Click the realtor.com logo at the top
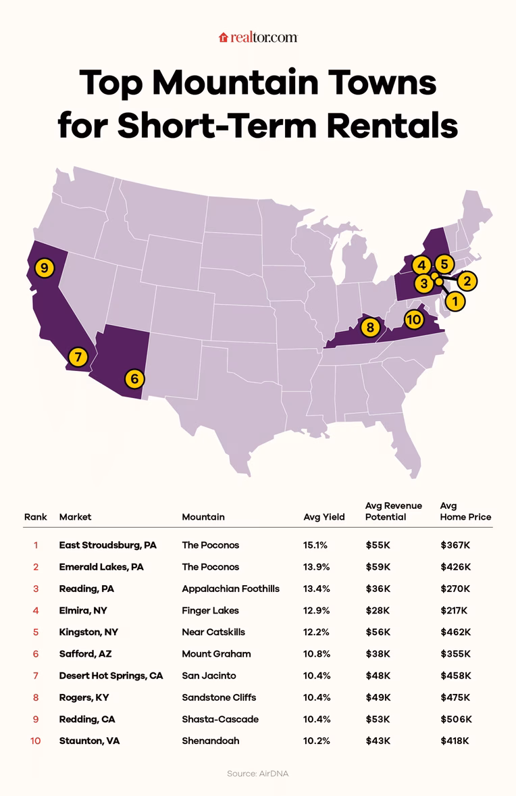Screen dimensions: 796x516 [258, 38]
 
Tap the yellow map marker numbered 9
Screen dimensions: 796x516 [44, 268]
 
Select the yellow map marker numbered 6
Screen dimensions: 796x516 [134, 379]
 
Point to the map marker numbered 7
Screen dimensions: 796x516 [78, 356]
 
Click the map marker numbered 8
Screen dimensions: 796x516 [370, 328]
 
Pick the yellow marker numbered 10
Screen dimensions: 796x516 [413, 319]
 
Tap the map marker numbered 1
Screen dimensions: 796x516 [455, 301]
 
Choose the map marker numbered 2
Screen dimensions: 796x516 [467, 280]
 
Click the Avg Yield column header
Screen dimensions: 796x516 [324, 517]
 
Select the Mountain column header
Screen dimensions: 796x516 [203, 517]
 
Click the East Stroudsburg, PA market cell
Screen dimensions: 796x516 [108, 545]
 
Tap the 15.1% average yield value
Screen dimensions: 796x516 [316, 545]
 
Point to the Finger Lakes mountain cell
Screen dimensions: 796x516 [211, 610]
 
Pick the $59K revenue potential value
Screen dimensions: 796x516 [378, 567]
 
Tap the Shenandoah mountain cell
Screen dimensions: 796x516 [210, 741]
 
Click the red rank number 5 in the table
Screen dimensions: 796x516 [35, 632]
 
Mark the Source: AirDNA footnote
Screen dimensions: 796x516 [257, 773]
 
